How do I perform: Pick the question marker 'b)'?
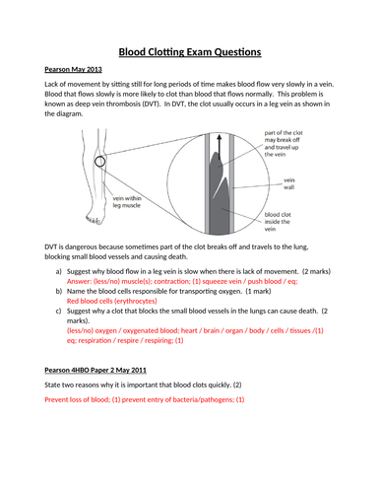click(60, 292)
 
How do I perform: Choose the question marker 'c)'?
click(60, 315)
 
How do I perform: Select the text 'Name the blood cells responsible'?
click(128, 292)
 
